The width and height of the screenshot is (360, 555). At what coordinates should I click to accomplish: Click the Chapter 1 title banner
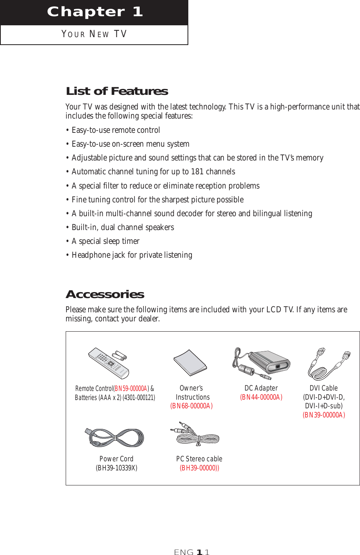coord(94,12)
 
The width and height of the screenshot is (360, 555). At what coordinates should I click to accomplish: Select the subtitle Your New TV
coord(94,34)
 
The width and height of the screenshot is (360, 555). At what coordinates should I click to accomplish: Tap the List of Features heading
coord(117,91)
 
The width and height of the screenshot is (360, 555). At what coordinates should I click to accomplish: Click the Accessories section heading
coord(105,294)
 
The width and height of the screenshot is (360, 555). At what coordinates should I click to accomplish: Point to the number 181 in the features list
coord(197,172)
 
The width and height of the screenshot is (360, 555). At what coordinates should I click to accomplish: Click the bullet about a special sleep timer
coord(105,241)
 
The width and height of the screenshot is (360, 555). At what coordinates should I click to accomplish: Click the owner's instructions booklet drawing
coord(190,362)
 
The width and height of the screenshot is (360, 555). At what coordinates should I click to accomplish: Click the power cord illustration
coord(115,438)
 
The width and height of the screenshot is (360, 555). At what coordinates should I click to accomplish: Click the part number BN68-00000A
coord(191,406)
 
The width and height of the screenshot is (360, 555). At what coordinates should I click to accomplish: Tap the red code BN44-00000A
coord(261,397)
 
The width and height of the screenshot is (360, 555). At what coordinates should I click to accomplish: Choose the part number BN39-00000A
coord(324,415)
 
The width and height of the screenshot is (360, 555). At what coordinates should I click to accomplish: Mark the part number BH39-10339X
coord(116,468)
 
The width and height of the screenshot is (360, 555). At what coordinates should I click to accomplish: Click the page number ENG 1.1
coord(192,552)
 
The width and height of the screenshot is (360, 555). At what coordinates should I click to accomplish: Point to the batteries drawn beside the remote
coord(119,355)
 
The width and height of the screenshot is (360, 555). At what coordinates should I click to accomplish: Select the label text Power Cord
coord(116,459)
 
